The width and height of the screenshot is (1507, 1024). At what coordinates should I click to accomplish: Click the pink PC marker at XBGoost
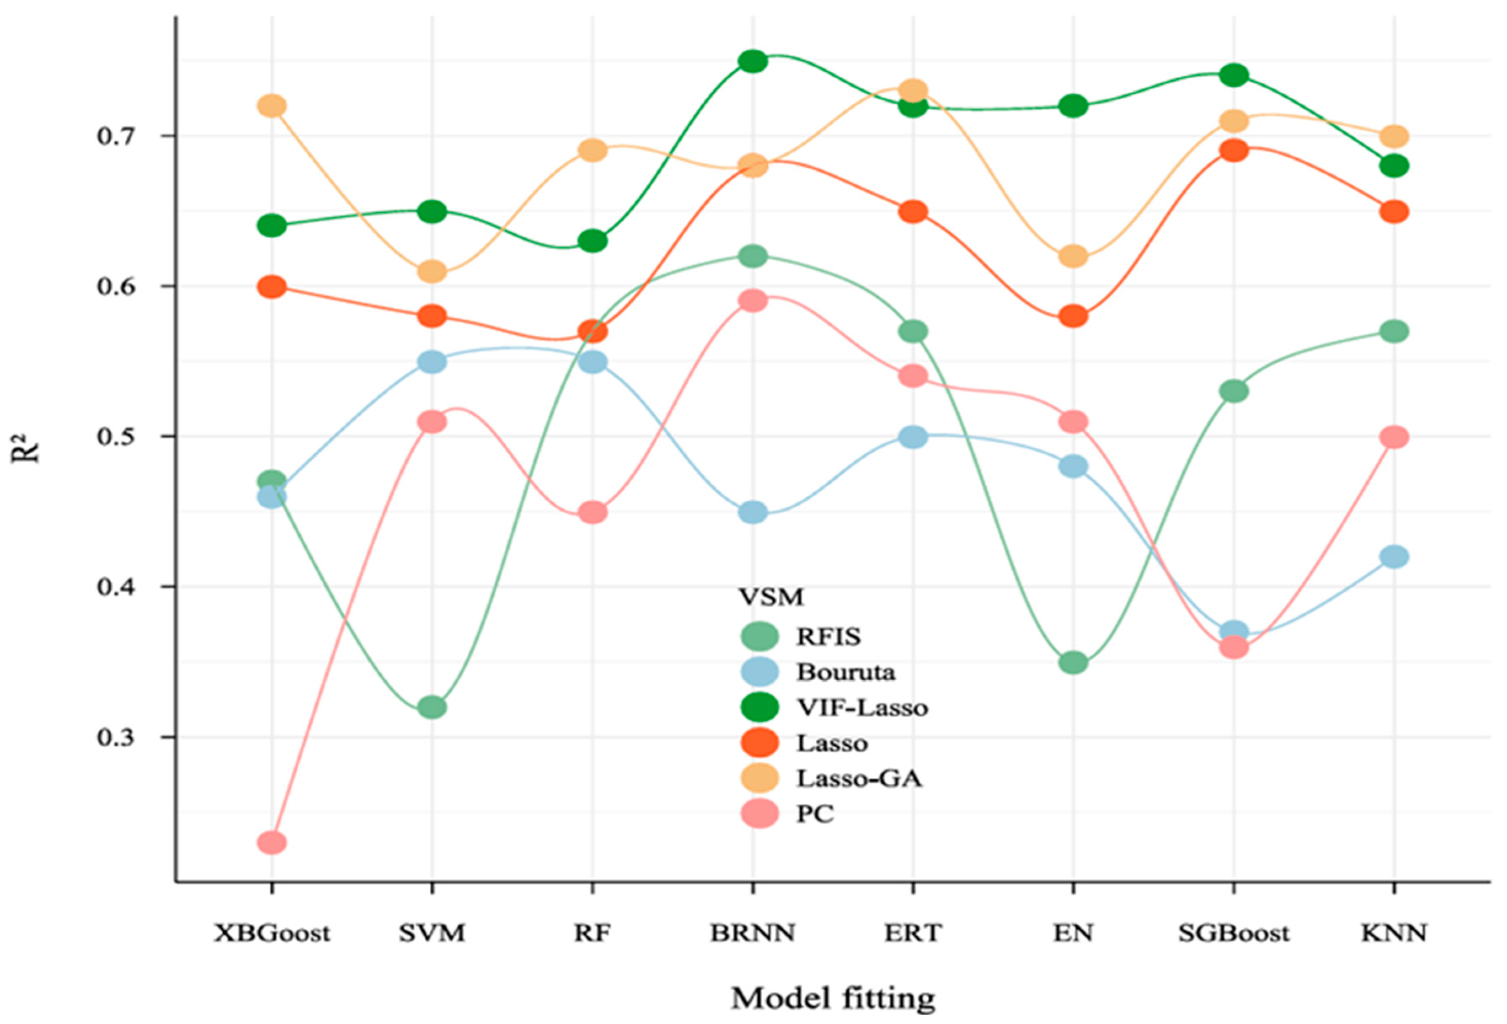tap(272, 843)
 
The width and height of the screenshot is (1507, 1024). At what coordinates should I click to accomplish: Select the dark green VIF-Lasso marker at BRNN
tap(753, 61)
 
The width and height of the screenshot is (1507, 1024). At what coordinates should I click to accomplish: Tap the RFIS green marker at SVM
tap(432, 707)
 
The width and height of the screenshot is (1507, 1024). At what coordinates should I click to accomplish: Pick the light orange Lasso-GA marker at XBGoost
tap(272, 106)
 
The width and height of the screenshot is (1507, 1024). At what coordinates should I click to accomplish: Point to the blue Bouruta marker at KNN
tap(1394, 557)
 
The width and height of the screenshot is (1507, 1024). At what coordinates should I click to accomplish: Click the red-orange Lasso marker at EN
tap(1073, 316)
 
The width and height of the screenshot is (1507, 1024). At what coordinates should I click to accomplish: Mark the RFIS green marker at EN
tap(1073, 662)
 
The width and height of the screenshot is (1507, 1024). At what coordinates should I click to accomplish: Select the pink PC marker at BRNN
tap(753, 301)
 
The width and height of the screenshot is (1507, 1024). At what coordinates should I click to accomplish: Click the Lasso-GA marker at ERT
tap(913, 90)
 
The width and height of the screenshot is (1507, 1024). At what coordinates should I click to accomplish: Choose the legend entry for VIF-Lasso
tap(862, 707)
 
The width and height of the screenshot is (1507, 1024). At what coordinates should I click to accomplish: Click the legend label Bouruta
tap(846, 672)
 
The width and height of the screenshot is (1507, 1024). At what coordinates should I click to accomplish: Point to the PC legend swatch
tap(759, 813)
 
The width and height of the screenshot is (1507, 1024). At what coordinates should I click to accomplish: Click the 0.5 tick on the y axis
tap(116, 437)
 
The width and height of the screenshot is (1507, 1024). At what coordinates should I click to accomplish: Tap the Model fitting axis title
tap(833, 998)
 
